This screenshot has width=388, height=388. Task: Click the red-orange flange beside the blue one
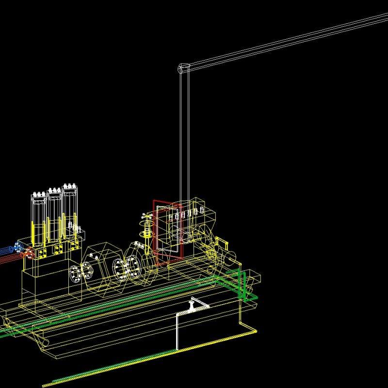[30, 253]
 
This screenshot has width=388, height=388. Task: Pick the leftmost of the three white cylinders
[38, 218]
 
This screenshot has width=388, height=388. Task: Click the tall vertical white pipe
[185, 145]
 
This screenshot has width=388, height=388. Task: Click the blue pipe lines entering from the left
[7, 249]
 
